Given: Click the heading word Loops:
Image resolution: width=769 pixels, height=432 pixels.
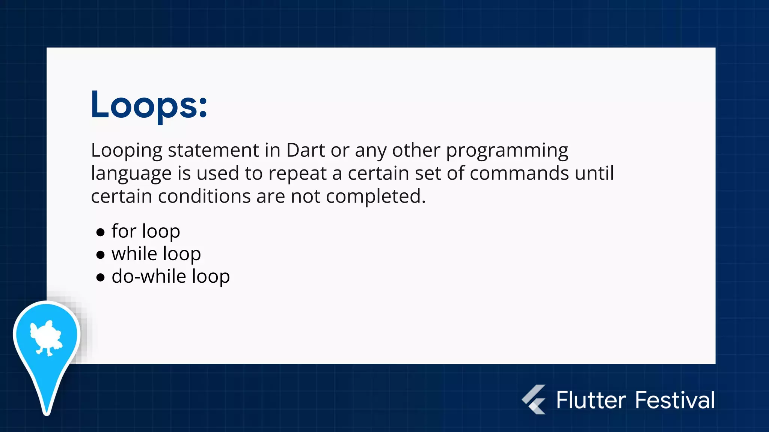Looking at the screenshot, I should tap(149, 105).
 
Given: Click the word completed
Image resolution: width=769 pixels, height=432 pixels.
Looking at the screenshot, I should tap(376, 197).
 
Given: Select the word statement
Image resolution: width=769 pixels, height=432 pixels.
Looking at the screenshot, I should tap(213, 150).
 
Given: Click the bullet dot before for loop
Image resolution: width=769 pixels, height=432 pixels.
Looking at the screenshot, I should tap(100, 232).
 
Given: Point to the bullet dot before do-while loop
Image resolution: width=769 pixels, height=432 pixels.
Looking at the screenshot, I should tap(100, 277).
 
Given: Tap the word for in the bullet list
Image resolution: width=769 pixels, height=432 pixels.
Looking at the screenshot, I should tap(124, 231).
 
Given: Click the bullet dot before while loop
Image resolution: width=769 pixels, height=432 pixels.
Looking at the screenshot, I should tap(100, 255).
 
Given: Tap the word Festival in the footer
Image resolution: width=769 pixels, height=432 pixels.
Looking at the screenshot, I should tap(675, 400).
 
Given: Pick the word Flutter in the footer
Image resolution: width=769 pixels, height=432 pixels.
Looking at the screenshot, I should tap(591, 400).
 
